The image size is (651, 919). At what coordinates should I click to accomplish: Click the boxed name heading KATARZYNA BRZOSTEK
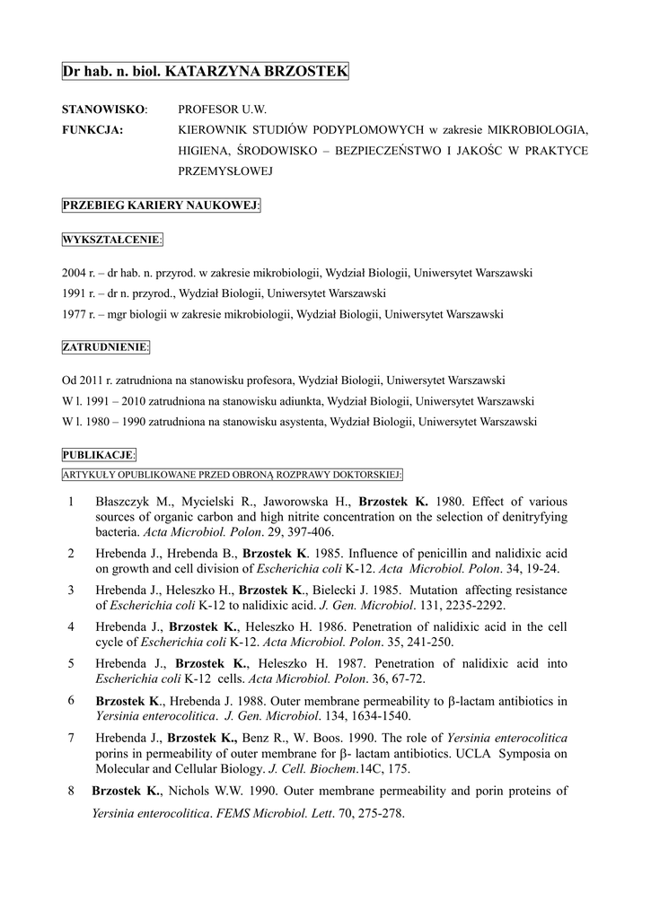click(205, 71)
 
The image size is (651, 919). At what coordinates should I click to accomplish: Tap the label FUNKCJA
click(92, 129)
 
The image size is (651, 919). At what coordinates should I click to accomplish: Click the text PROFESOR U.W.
click(223, 109)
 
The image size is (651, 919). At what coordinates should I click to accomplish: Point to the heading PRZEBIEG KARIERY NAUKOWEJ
click(161, 206)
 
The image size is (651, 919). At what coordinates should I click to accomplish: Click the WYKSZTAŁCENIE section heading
click(112, 240)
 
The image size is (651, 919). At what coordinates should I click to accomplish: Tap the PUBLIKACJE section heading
click(99, 455)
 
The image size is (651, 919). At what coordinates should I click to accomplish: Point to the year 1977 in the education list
click(73, 314)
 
